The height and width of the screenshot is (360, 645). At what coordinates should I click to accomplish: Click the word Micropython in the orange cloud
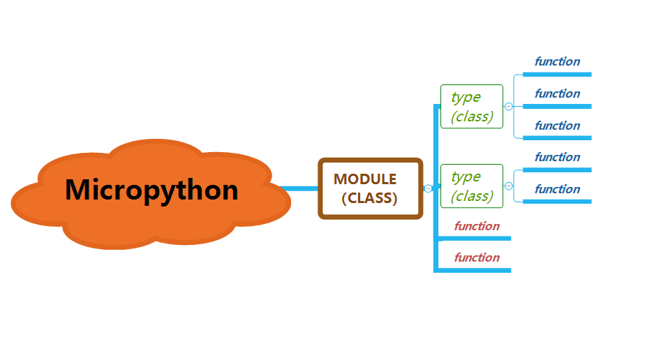click(151, 190)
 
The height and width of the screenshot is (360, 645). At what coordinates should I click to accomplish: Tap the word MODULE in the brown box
click(365, 179)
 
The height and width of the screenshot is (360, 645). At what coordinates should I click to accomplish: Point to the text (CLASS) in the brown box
click(369, 198)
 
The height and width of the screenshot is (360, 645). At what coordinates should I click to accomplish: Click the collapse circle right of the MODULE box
click(428, 188)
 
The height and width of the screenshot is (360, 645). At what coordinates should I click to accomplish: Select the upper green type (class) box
click(472, 107)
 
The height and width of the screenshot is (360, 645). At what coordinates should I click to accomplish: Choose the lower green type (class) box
click(472, 186)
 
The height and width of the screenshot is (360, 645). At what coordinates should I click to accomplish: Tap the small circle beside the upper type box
click(508, 107)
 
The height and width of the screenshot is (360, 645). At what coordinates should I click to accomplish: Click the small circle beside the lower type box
click(508, 186)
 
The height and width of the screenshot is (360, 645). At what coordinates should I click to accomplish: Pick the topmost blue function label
click(557, 61)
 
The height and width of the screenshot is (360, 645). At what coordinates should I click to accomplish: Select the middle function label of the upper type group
click(557, 93)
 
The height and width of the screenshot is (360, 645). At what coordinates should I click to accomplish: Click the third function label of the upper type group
click(557, 126)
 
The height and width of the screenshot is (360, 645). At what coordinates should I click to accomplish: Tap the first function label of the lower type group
click(557, 157)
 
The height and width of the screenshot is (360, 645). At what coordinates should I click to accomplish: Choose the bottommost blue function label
click(557, 189)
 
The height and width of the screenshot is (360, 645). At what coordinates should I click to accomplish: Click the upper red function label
click(477, 226)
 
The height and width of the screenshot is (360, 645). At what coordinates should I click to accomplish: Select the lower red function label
click(477, 257)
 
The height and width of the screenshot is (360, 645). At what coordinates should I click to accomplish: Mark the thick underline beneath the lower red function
click(475, 269)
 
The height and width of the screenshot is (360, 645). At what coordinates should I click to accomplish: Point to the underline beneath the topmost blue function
click(557, 74)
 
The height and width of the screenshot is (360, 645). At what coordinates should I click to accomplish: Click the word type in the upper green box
click(466, 97)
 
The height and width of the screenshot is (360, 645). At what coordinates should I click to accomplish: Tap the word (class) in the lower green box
click(472, 196)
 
